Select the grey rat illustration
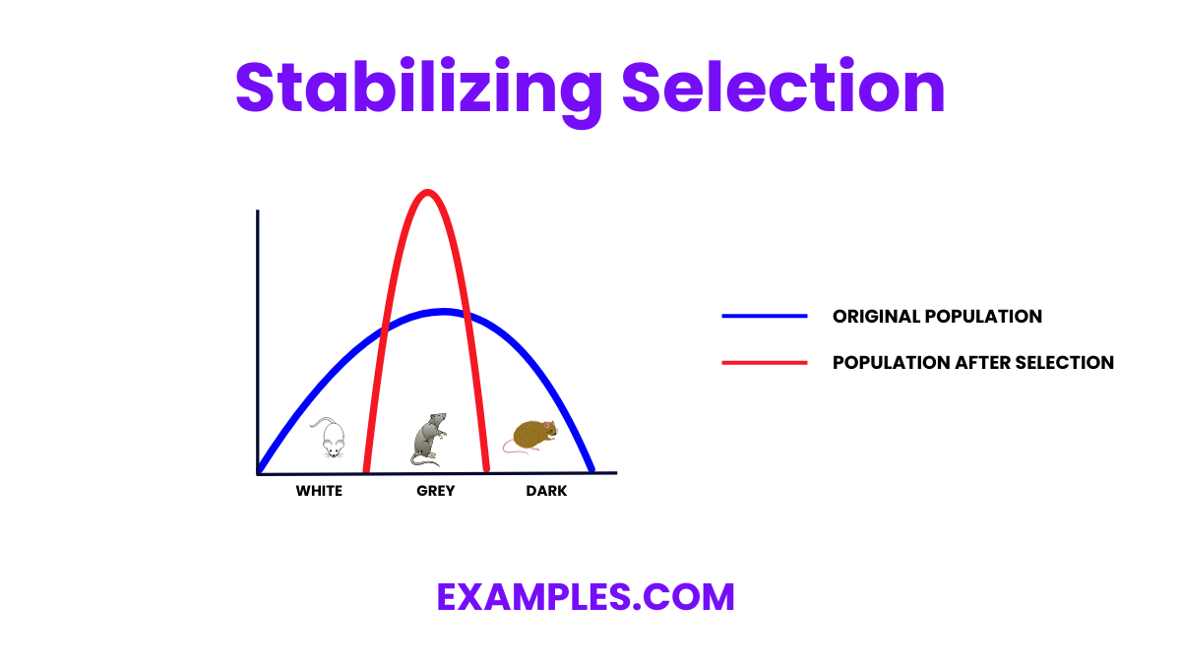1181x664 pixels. (429, 439)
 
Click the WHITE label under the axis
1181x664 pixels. (319, 491)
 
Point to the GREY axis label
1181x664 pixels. (435, 491)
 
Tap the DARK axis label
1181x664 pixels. (546, 491)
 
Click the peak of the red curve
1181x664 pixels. (426, 192)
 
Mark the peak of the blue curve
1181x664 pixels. (443, 312)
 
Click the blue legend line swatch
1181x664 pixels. (765, 317)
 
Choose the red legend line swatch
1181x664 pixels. (765, 363)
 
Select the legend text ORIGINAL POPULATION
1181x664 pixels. (937, 317)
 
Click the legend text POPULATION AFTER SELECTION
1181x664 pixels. (972, 363)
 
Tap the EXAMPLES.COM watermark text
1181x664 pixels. (586, 597)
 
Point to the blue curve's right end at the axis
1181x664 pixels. (590, 469)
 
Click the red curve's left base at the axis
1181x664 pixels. (367, 469)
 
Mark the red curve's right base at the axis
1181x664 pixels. (486, 469)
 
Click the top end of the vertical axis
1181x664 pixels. (258, 211)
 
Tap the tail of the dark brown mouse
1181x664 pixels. (514, 448)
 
